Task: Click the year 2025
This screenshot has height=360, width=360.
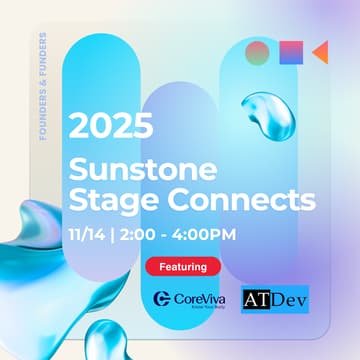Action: click(x=110, y=128)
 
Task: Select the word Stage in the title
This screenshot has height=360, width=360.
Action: click(x=106, y=199)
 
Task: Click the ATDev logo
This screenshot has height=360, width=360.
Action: click(x=275, y=297)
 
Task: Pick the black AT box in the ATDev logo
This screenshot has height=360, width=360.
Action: click(x=258, y=297)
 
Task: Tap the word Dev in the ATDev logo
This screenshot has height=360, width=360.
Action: click(x=290, y=297)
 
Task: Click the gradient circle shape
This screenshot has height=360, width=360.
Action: click(x=258, y=51)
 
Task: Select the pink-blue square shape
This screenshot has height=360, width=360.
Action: click(x=289, y=51)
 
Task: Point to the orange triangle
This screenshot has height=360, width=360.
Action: click(x=319, y=51)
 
